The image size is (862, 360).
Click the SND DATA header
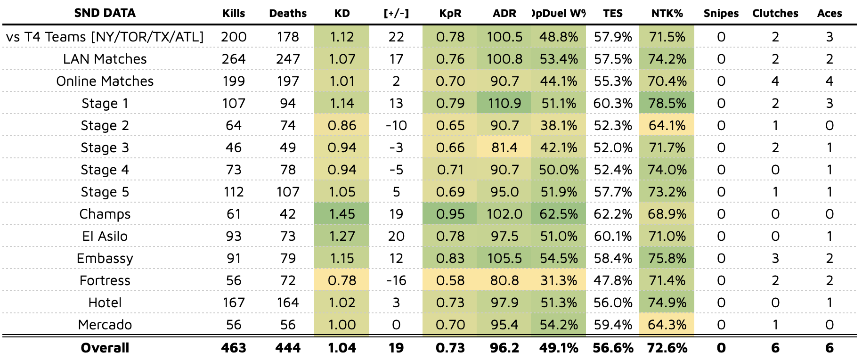[105, 13]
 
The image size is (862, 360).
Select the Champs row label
[105, 214]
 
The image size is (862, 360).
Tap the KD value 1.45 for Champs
[342, 214]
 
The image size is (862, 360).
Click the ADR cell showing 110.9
[504, 103]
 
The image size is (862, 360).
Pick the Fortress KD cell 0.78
[342, 280]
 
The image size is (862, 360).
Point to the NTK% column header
[667, 13]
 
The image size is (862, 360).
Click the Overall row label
[105, 348]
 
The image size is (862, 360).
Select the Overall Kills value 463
[234, 348]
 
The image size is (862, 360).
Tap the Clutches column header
[775, 13]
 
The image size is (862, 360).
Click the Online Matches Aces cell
[829, 81]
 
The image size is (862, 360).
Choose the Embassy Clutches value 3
[775, 258]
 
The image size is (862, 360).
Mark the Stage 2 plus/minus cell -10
[396, 125]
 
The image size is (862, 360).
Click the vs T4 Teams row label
[105, 37]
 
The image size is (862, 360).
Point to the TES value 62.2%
[612, 214]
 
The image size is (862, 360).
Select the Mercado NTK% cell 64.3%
[667, 325]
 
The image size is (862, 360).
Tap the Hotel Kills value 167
[234, 303]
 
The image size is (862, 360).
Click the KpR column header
[450, 13]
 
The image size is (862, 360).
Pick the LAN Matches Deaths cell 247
[288, 59]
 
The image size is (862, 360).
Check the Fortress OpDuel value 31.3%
[559, 280]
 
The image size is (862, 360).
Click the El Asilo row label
[105, 236]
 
